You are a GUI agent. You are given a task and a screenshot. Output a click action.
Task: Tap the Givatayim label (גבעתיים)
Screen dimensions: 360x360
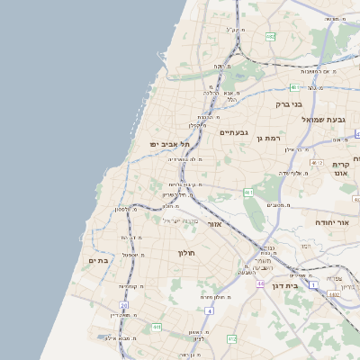(232, 132)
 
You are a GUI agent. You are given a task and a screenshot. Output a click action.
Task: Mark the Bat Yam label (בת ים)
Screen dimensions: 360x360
(98, 261)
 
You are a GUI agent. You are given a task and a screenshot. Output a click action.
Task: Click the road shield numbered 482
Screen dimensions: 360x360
(271, 36)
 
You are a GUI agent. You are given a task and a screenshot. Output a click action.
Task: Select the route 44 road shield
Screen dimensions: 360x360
(260, 283)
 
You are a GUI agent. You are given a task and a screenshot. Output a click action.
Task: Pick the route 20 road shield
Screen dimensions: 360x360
(124, 307)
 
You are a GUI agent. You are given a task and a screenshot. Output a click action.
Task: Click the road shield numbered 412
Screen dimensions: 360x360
(231, 338)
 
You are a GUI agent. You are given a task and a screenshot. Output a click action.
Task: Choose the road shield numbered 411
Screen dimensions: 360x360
(156, 327)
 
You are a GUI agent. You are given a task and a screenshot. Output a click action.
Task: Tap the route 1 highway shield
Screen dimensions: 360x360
(313, 284)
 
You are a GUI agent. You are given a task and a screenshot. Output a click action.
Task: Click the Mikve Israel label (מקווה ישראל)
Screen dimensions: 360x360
(180, 220)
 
